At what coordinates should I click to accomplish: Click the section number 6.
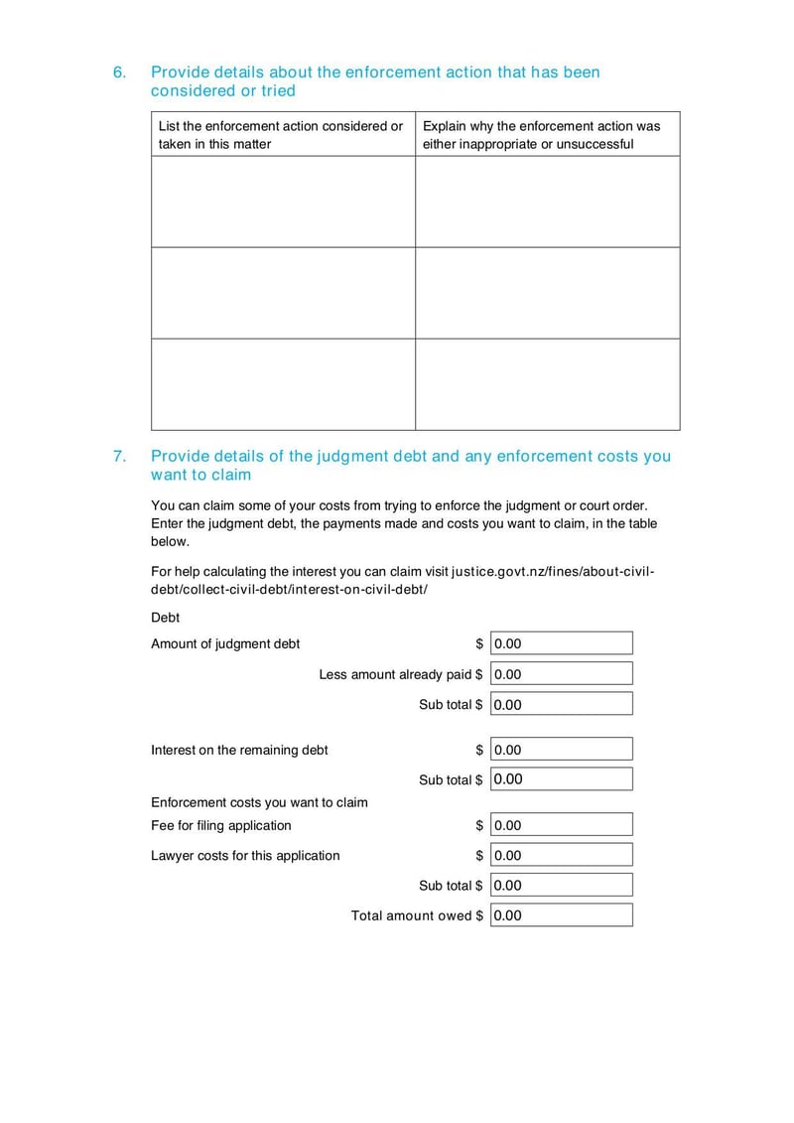pyautogui.click(x=119, y=72)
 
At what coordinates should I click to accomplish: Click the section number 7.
pyautogui.click(x=119, y=457)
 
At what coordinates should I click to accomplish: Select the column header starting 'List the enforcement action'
pyautogui.click(x=283, y=135)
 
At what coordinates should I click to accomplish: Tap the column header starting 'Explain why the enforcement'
pyautogui.click(x=547, y=135)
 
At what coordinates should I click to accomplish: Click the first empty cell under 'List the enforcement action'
pyautogui.click(x=283, y=202)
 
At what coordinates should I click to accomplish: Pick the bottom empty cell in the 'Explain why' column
pyautogui.click(x=547, y=384)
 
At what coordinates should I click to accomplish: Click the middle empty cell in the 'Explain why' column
pyautogui.click(x=547, y=293)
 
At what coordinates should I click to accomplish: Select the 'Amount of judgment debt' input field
pyautogui.click(x=561, y=643)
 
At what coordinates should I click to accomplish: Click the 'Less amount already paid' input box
pyautogui.click(x=561, y=674)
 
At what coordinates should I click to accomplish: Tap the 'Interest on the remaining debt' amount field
pyautogui.click(x=561, y=750)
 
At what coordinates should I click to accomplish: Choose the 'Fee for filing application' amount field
pyautogui.click(x=561, y=825)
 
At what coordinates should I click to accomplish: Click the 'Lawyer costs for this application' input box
pyautogui.click(x=561, y=855)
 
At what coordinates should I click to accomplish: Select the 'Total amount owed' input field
pyautogui.click(x=561, y=915)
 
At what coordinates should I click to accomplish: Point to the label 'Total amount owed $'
pyautogui.click(x=417, y=915)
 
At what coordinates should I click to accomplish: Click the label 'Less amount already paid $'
pyautogui.click(x=401, y=675)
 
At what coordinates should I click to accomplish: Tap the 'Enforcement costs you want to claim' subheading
pyautogui.click(x=259, y=802)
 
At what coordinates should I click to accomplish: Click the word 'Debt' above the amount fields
pyautogui.click(x=166, y=618)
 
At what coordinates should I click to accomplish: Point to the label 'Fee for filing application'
pyautogui.click(x=221, y=825)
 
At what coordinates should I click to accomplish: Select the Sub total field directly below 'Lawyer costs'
pyautogui.click(x=561, y=886)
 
